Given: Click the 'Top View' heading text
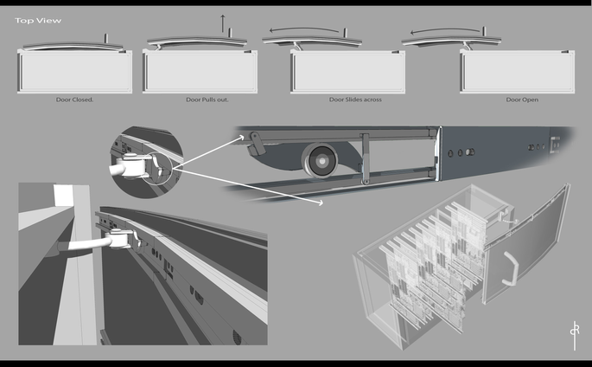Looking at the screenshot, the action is pyautogui.click(x=38, y=21).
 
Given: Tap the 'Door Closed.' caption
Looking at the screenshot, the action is pyautogui.click(x=74, y=100).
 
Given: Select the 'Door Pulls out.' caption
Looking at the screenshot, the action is pyautogui.click(x=207, y=100).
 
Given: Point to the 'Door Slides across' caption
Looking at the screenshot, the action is pyautogui.click(x=355, y=100).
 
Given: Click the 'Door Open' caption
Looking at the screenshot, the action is pyautogui.click(x=522, y=100).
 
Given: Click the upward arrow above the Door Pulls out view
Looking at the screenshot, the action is pyautogui.click(x=223, y=23).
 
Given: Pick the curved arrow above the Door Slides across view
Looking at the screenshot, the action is pyautogui.click(x=304, y=29).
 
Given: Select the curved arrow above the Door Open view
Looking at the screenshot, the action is pyautogui.click(x=445, y=29).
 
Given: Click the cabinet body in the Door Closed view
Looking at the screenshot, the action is pyautogui.click(x=74, y=72).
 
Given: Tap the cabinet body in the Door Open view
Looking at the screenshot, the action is pyautogui.click(x=518, y=72).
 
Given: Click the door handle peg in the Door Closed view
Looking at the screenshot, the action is pyautogui.click(x=106, y=38).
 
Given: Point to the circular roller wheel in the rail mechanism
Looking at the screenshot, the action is pyautogui.click(x=321, y=161).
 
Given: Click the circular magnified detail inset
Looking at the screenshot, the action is pyautogui.click(x=147, y=163).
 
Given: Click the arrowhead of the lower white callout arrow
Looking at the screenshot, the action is pyautogui.click(x=320, y=203).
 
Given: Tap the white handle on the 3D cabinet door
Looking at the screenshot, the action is pyautogui.click(x=511, y=268).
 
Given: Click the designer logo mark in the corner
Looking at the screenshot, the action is pyautogui.click(x=575, y=335).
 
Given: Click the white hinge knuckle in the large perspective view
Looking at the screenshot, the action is pyautogui.click(x=119, y=239).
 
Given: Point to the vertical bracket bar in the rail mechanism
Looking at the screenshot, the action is pyautogui.click(x=365, y=158).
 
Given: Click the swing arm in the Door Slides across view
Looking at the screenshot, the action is pyautogui.click(x=298, y=46).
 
